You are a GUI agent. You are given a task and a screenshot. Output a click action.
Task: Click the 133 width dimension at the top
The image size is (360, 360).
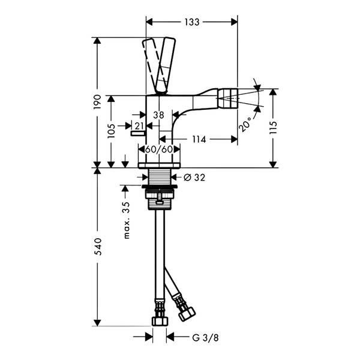click(x=192, y=22)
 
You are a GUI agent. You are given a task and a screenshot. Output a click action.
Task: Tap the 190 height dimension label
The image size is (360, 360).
click(x=97, y=102)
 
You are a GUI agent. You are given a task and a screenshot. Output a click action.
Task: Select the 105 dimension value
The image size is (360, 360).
click(x=111, y=131)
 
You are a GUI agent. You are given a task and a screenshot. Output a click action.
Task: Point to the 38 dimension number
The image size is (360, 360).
click(x=158, y=115)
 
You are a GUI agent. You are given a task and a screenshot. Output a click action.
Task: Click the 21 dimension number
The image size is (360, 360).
click(x=139, y=126)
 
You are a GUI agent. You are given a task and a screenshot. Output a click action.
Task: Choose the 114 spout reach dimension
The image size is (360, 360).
click(x=199, y=139)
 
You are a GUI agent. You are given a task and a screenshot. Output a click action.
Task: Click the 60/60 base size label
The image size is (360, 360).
click(x=159, y=149)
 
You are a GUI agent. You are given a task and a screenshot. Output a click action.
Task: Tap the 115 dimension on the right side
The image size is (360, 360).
click(x=274, y=127)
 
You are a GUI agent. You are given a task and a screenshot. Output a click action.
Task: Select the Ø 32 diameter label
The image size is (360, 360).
click(x=194, y=177)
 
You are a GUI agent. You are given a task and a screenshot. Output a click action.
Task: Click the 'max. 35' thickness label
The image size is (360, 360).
click(x=127, y=220)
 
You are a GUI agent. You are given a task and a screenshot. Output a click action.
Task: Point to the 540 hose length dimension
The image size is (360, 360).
click(x=98, y=247)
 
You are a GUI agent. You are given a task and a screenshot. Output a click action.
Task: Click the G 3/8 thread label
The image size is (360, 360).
click(x=205, y=338)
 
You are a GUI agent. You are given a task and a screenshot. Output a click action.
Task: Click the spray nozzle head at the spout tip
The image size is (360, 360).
click(x=227, y=99)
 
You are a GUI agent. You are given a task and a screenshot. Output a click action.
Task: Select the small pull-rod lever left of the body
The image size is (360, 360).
click(x=138, y=133)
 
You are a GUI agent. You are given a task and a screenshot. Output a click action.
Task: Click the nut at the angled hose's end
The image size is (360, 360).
click(x=187, y=314)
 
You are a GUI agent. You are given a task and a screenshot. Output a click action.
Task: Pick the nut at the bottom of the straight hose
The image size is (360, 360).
click(x=160, y=321)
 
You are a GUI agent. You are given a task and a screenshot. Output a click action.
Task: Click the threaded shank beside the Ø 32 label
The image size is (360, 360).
click(x=160, y=177)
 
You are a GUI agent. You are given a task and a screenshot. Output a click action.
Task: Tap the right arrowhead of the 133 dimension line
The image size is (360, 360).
click(x=234, y=22)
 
